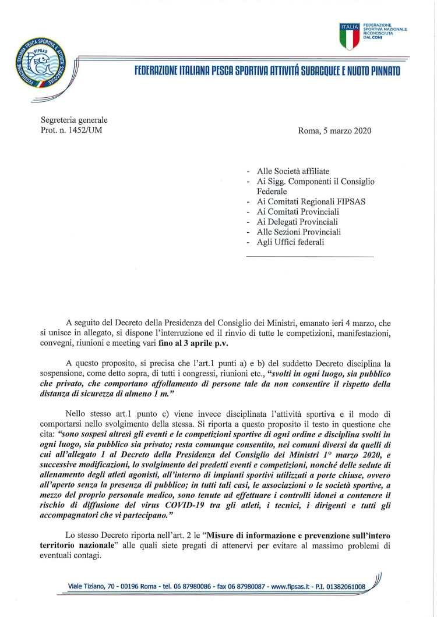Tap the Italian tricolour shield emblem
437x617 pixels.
350,37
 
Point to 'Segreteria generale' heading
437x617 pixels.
74,120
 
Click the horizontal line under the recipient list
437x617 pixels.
309,257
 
